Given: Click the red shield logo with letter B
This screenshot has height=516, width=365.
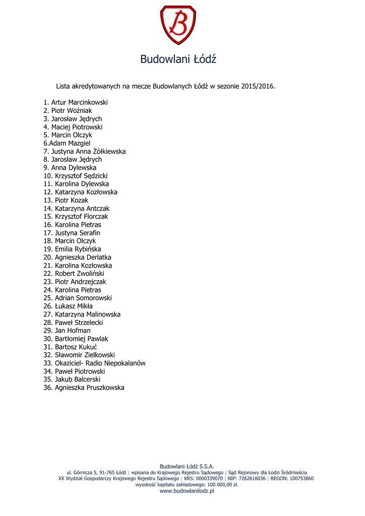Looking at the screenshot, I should [x=178, y=26].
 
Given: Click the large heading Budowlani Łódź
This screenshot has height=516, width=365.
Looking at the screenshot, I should [x=178, y=59].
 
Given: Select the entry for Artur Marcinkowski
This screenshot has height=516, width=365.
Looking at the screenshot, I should [x=76, y=102].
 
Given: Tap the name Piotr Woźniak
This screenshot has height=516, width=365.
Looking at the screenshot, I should [x=68, y=110].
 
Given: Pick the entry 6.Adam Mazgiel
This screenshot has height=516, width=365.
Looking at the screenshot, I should [x=67, y=143].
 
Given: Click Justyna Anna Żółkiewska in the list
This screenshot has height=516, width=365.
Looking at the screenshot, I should [x=85, y=151].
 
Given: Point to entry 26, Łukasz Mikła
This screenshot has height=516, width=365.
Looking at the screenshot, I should [x=68, y=306].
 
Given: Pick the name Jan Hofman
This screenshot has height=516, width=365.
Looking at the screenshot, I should [x=67, y=331].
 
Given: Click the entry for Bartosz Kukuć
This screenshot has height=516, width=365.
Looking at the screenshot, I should [x=70, y=347].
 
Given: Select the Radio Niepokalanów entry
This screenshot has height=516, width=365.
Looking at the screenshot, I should [x=95, y=363].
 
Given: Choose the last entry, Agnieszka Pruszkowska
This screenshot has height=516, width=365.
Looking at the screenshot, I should [x=84, y=388].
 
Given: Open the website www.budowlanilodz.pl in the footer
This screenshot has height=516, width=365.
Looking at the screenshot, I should [x=187, y=491].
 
